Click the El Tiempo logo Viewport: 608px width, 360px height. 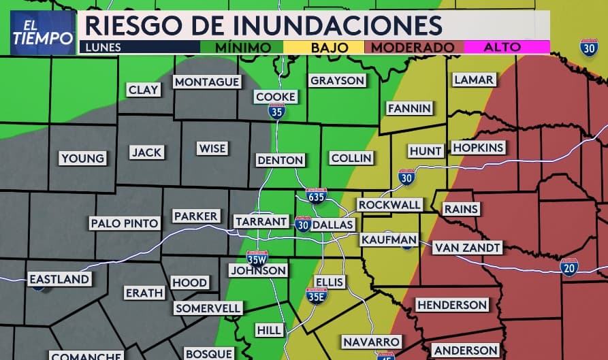coord(42,33)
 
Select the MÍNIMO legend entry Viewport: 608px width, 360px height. coord(242,48)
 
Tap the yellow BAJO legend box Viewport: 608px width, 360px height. coord(330,48)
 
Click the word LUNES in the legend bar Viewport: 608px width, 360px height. coord(101,48)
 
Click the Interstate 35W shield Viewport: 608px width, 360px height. coord(257,258)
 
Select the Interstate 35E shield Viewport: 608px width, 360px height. coord(317,295)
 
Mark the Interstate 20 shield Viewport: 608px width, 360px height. coord(569,267)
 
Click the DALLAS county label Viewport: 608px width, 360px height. coord(333,225)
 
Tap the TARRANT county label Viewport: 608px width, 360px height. coord(261,222)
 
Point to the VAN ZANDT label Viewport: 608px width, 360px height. coord(467,248)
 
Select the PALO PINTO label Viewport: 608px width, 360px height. coord(125,223)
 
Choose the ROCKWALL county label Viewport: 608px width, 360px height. coord(389,205)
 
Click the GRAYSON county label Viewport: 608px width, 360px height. coord(338,80)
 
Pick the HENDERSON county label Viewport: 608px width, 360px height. coord(451,305)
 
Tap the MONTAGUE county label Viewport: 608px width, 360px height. coord(207,82)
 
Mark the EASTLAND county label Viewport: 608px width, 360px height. coord(59,279)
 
